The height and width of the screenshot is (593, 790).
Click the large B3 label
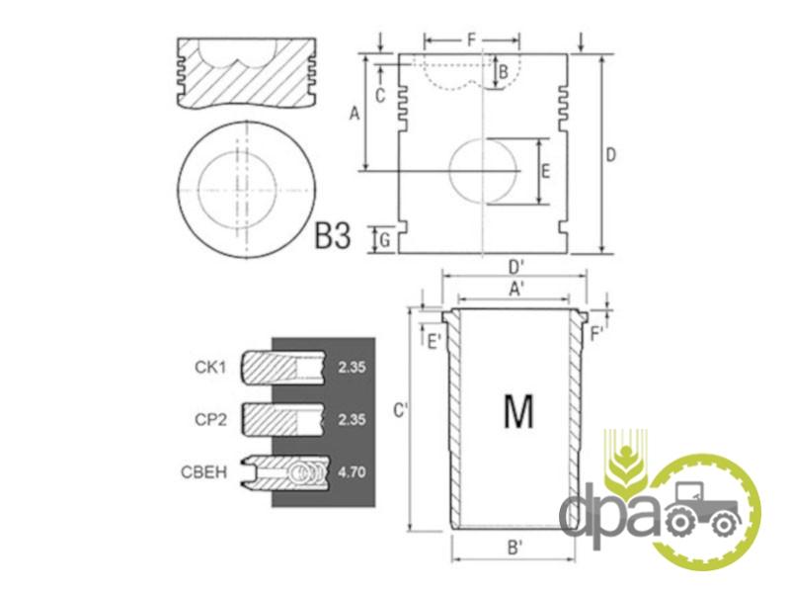pyautogui.click(x=332, y=235)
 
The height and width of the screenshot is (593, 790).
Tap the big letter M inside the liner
pyautogui.click(x=518, y=411)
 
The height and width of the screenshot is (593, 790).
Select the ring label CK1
pyautogui.click(x=210, y=367)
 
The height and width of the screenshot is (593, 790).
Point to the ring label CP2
pyautogui.click(x=210, y=419)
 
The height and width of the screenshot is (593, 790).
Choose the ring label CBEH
pyautogui.click(x=204, y=472)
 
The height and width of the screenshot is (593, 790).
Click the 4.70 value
pyautogui.click(x=352, y=472)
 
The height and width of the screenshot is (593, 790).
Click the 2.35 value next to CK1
pyautogui.click(x=352, y=367)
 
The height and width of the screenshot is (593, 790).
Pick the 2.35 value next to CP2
pyautogui.click(x=352, y=419)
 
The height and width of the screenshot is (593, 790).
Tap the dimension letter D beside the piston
pyautogui.click(x=610, y=155)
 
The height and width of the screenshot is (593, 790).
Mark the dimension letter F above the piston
pyautogui.click(x=472, y=40)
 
